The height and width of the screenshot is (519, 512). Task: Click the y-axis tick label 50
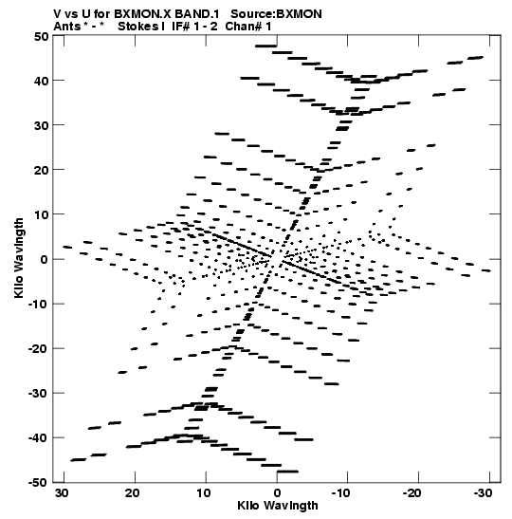41,36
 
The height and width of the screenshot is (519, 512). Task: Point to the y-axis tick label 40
41,81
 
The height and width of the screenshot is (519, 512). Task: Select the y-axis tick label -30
38,394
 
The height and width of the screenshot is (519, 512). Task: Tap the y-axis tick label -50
38,483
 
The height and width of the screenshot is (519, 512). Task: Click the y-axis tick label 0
44,260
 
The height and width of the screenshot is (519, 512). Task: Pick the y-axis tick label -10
38,305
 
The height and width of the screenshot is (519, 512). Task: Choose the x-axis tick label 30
62,493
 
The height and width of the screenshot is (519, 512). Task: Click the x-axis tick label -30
483,493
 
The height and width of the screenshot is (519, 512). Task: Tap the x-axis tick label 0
277,493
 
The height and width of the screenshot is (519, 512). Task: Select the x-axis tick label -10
340,493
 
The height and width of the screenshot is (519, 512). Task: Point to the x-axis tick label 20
133,493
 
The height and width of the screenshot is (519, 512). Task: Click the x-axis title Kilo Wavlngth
278,506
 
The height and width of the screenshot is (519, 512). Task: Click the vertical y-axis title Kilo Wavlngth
19,258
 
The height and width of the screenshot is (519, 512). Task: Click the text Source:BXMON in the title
276,14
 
